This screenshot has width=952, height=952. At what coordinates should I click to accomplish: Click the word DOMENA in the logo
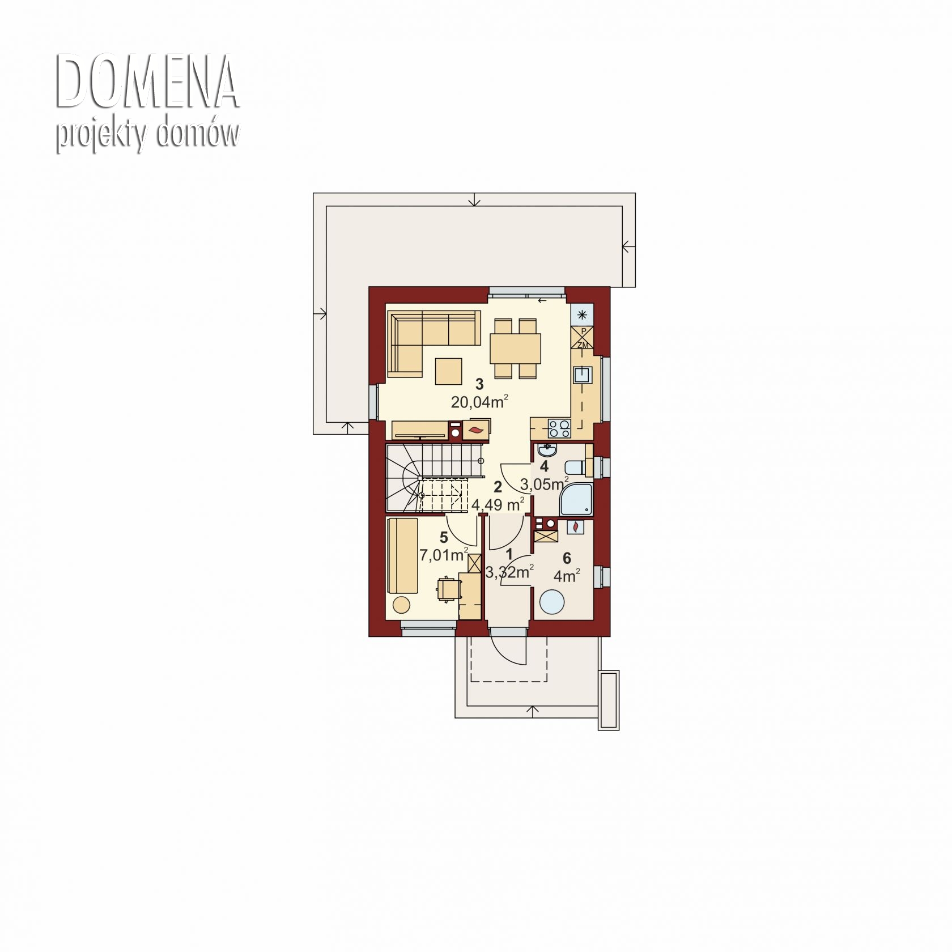147,83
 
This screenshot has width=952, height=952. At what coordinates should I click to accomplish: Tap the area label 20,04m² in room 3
479,402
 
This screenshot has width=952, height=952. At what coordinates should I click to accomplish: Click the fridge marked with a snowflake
582,316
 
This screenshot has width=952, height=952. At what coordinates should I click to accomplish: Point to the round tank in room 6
552,602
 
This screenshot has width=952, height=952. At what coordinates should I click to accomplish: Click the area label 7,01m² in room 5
444,555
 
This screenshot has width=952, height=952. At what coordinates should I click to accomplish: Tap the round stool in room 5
401,605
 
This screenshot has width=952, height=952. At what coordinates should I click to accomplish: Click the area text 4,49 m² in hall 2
497,504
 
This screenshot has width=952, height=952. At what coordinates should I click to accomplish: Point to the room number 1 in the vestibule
509,554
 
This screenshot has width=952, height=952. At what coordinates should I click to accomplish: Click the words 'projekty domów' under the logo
147,136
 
